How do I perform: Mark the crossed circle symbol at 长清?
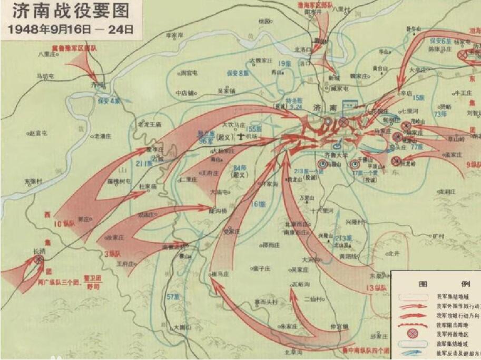(x=38, y=259)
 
